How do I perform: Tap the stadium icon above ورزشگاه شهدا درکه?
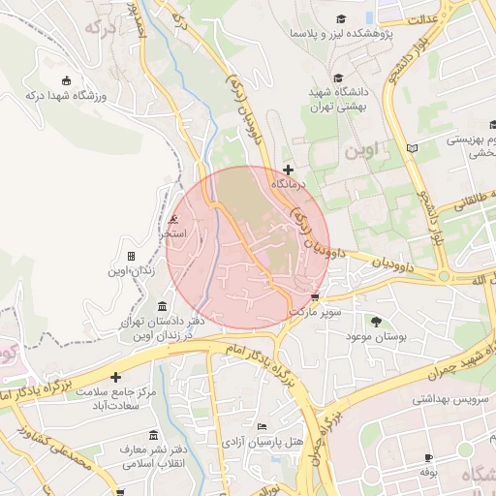(66, 80)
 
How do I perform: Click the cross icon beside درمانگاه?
(287, 170)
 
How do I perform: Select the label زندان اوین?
(132, 271)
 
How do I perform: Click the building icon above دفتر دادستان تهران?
(160, 306)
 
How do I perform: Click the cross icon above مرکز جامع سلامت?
(116, 377)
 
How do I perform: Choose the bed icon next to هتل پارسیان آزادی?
(262, 427)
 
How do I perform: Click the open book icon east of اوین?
(414, 148)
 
